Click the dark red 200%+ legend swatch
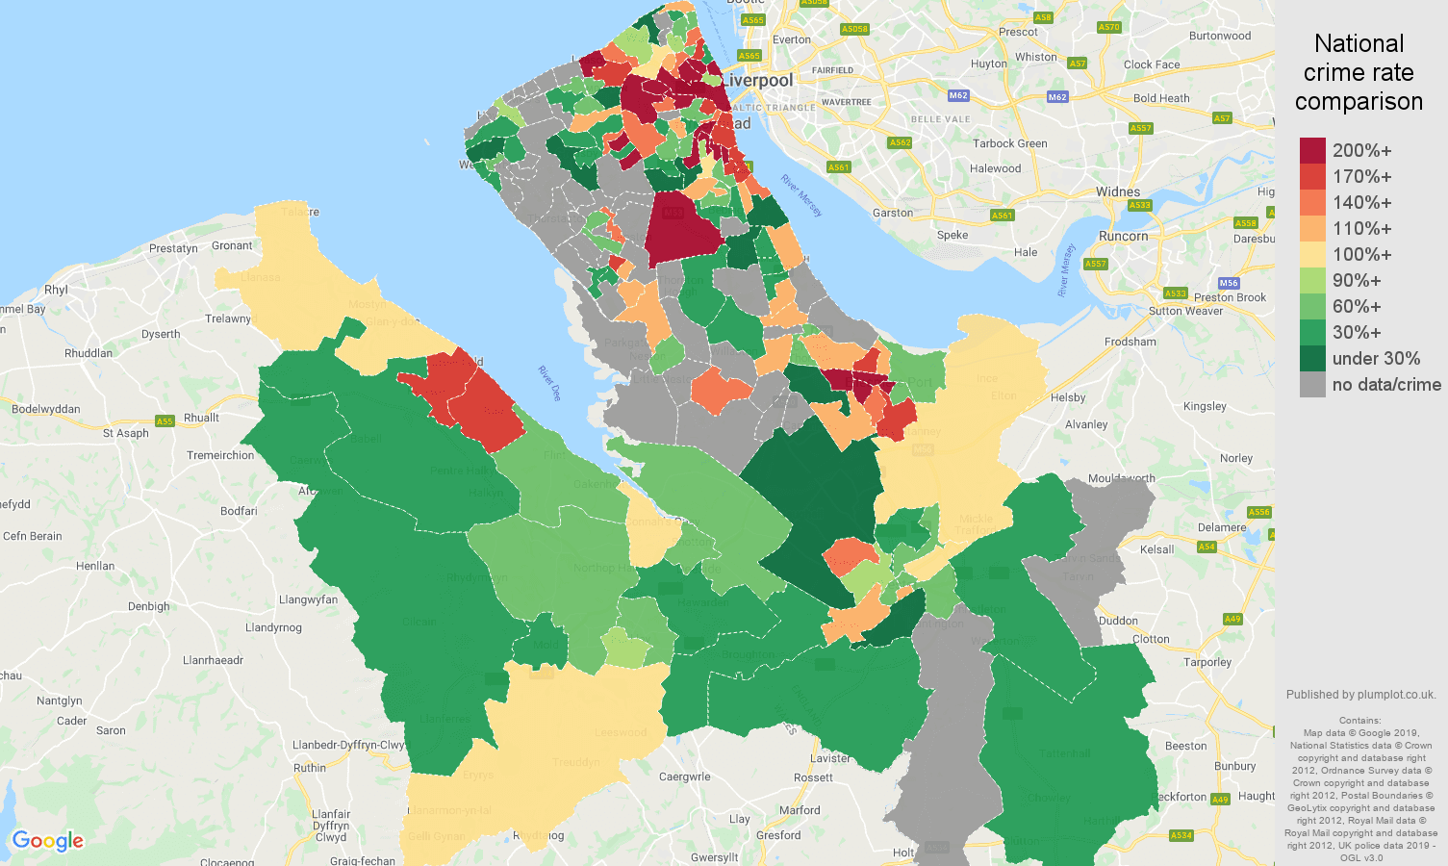[x=1312, y=150]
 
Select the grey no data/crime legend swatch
[x=1312, y=384]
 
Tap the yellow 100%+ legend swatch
[x=1312, y=254]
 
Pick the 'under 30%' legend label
[x=1376, y=358]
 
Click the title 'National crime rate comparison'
[x=1359, y=72]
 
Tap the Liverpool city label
[x=758, y=81]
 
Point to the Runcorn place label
[x=1123, y=236]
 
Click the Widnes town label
[x=1117, y=191]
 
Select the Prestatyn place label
[x=173, y=248]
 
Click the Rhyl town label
[x=56, y=290]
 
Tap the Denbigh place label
[x=148, y=606]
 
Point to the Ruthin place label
[x=310, y=768]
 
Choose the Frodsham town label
[x=1130, y=342]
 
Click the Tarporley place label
[x=1207, y=662]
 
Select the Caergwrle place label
[x=685, y=777]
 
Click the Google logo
[x=48, y=841]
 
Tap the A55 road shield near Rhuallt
[x=165, y=421]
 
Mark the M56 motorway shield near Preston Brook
[x=1228, y=283]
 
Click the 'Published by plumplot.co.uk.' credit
[x=1360, y=695]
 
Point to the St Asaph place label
[x=126, y=433]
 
